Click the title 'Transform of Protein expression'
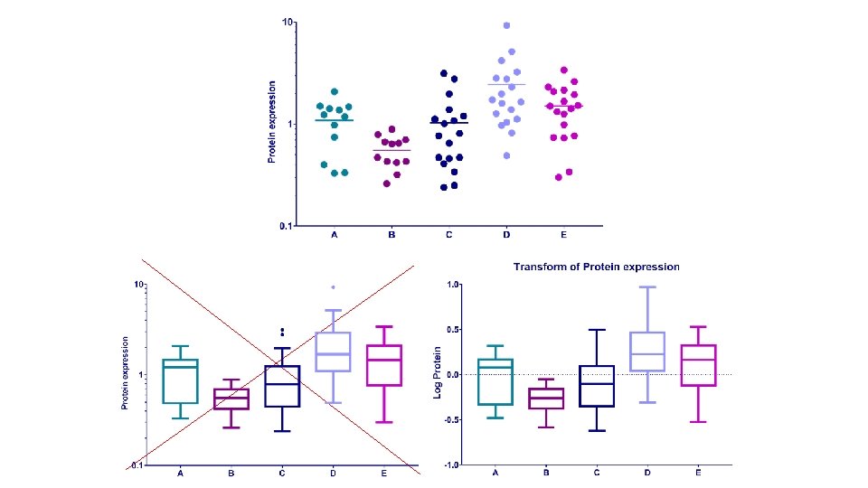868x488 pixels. [x=596, y=267]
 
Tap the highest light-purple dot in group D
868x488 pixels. [x=507, y=25]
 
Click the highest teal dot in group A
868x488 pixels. [x=335, y=92]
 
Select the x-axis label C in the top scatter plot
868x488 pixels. [x=449, y=235]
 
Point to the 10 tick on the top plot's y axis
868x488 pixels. [x=288, y=22]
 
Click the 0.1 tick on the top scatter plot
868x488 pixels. [x=285, y=225]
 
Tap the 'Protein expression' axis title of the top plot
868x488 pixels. [x=270, y=123]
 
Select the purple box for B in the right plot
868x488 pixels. [x=545, y=398]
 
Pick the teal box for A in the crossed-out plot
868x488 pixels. [x=181, y=381]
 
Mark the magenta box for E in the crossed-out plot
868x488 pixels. [x=384, y=365]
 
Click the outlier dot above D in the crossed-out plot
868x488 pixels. [x=334, y=287]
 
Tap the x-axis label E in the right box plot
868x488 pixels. [x=699, y=474]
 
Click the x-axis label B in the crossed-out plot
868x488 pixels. [x=231, y=474]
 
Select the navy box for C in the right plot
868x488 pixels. [x=596, y=386]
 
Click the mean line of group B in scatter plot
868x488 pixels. [x=392, y=150]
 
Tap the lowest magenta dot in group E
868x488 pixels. [x=559, y=177]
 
